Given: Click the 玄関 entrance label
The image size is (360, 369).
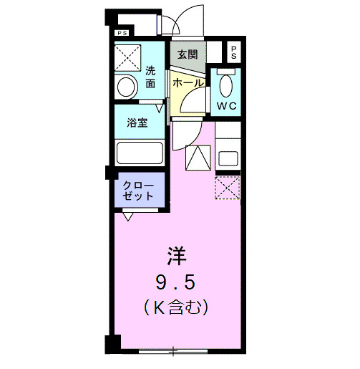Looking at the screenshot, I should [x=188, y=54].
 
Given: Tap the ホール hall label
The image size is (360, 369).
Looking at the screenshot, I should [x=188, y=83].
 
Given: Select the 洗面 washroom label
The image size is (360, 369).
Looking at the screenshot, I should [x=150, y=77].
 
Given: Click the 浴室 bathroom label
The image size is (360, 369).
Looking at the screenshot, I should [x=138, y=122].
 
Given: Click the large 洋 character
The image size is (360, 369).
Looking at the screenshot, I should [x=177, y=255].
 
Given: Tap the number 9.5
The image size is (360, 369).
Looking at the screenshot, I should [x=177, y=281].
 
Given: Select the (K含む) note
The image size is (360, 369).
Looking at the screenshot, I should [x=177, y=309].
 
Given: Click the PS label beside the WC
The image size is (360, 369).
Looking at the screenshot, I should [x=234, y=52].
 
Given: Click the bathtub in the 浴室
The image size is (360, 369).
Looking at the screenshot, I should [x=139, y=153].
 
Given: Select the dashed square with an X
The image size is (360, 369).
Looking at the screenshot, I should [x=228, y=187].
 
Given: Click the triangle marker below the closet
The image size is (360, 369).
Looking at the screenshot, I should [x=127, y=215].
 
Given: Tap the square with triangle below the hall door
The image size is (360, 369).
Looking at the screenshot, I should [x=198, y=157].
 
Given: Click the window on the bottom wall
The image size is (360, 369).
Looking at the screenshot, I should [x=174, y=351].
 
